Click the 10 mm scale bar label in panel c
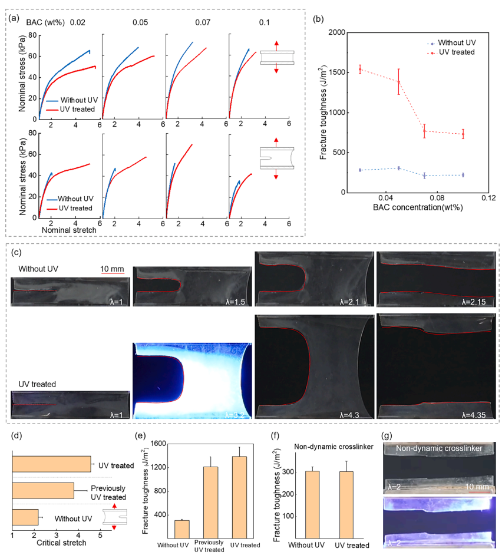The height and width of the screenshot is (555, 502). (x=111, y=268)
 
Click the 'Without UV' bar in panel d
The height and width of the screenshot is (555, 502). (x=25, y=518)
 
